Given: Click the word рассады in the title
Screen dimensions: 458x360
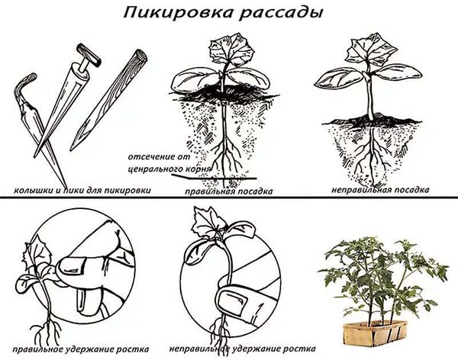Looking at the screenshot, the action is coord(281,14).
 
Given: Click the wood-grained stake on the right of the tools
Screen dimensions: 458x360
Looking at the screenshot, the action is coord(108,100).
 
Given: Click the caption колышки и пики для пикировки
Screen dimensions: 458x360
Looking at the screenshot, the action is coord(82,191).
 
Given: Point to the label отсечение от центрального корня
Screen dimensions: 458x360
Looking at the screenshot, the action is coord(169,162).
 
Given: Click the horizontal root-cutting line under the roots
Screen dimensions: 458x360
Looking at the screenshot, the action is coord(214,177).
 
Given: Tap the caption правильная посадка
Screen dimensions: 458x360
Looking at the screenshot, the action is coord(229,191).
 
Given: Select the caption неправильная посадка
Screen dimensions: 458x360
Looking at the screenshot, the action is coord(380,190).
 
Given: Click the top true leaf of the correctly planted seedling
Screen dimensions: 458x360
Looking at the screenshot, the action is coord(231,50).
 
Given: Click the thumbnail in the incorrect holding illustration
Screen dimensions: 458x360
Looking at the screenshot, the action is coord(233,301).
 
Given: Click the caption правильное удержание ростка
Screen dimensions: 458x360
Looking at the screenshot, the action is coord(81,349).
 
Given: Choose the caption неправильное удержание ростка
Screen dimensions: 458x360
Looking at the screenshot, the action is coord(243,349).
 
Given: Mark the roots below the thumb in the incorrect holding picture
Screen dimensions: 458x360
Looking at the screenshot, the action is coord(220,329).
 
